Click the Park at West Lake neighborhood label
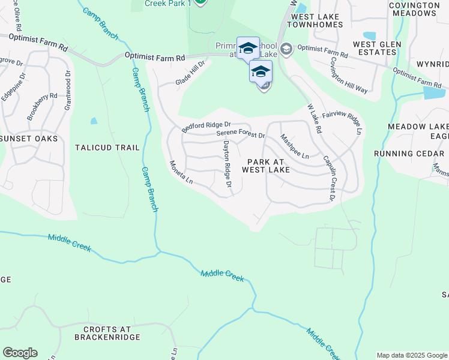(266, 166)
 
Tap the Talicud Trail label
(107, 148)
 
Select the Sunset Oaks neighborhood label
(29, 139)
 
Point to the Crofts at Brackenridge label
(103, 333)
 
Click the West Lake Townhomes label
(315, 20)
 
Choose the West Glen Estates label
(375, 48)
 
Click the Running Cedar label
(409, 154)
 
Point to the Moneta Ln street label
(181, 172)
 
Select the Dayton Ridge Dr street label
(228, 164)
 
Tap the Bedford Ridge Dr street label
(206, 127)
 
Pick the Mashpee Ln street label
(295, 147)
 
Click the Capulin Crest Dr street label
(330, 178)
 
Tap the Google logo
(20, 353)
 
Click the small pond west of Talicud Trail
(94, 121)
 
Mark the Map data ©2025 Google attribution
(411, 355)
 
